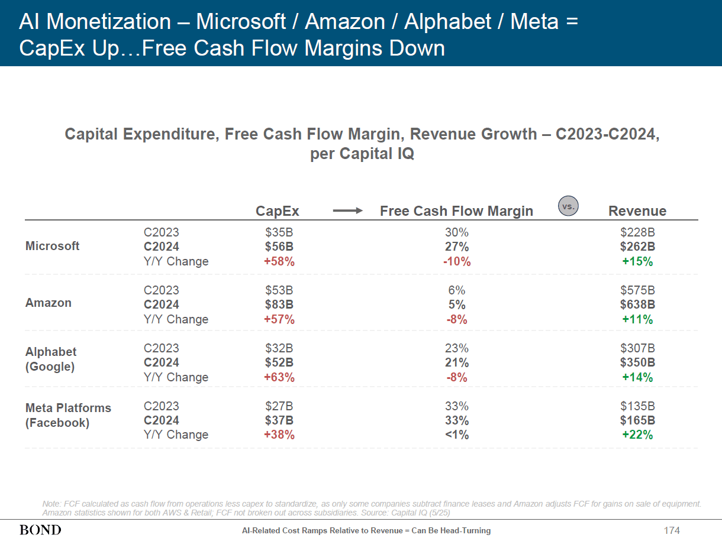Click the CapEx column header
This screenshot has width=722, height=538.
click(x=278, y=211)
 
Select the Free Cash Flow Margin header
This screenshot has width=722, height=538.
click(x=456, y=211)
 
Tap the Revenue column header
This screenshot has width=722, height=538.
click(x=637, y=211)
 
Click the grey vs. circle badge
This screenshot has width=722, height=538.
click(x=568, y=206)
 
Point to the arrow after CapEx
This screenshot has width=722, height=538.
click(x=347, y=210)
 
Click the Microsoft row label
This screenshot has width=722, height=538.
click(x=53, y=246)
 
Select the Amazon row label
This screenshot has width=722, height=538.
click(x=49, y=303)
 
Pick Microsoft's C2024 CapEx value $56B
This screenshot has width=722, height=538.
click(x=279, y=247)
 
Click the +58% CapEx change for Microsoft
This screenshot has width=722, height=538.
click(x=279, y=261)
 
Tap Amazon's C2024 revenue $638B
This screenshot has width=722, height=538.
click(x=637, y=304)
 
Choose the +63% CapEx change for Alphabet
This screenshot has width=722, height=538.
click(x=279, y=377)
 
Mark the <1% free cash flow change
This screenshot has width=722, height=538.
click(x=457, y=435)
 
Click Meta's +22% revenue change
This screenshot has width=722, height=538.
click(x=637, y=435)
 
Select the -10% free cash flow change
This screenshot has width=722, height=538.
click(x=457, y=261)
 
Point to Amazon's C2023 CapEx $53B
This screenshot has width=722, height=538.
click(x=279, y=290)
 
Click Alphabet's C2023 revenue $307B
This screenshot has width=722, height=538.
click(x=637, y=348)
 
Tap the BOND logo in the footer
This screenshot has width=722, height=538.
click(x=40, y=530)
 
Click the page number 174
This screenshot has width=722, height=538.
click(x=672, y=530)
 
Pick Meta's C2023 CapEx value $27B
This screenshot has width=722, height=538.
click(x=279, y=406)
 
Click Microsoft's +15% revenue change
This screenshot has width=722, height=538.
click(x=637, y=261)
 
